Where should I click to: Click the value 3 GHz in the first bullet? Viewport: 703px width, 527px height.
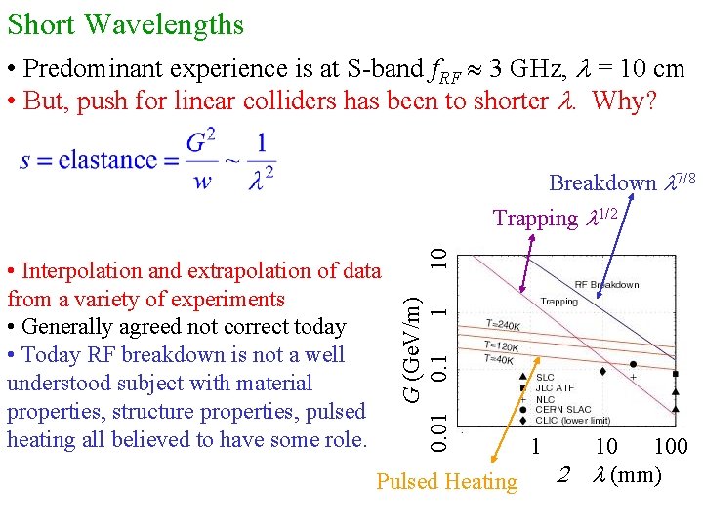point(528,69)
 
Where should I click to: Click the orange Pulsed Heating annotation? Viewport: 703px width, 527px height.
point(447,481)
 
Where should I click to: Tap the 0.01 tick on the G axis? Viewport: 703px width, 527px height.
point(441,430)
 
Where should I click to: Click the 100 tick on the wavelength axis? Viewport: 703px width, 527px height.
point(670,447)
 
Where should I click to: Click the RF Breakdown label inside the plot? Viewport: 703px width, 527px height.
point(606,284)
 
